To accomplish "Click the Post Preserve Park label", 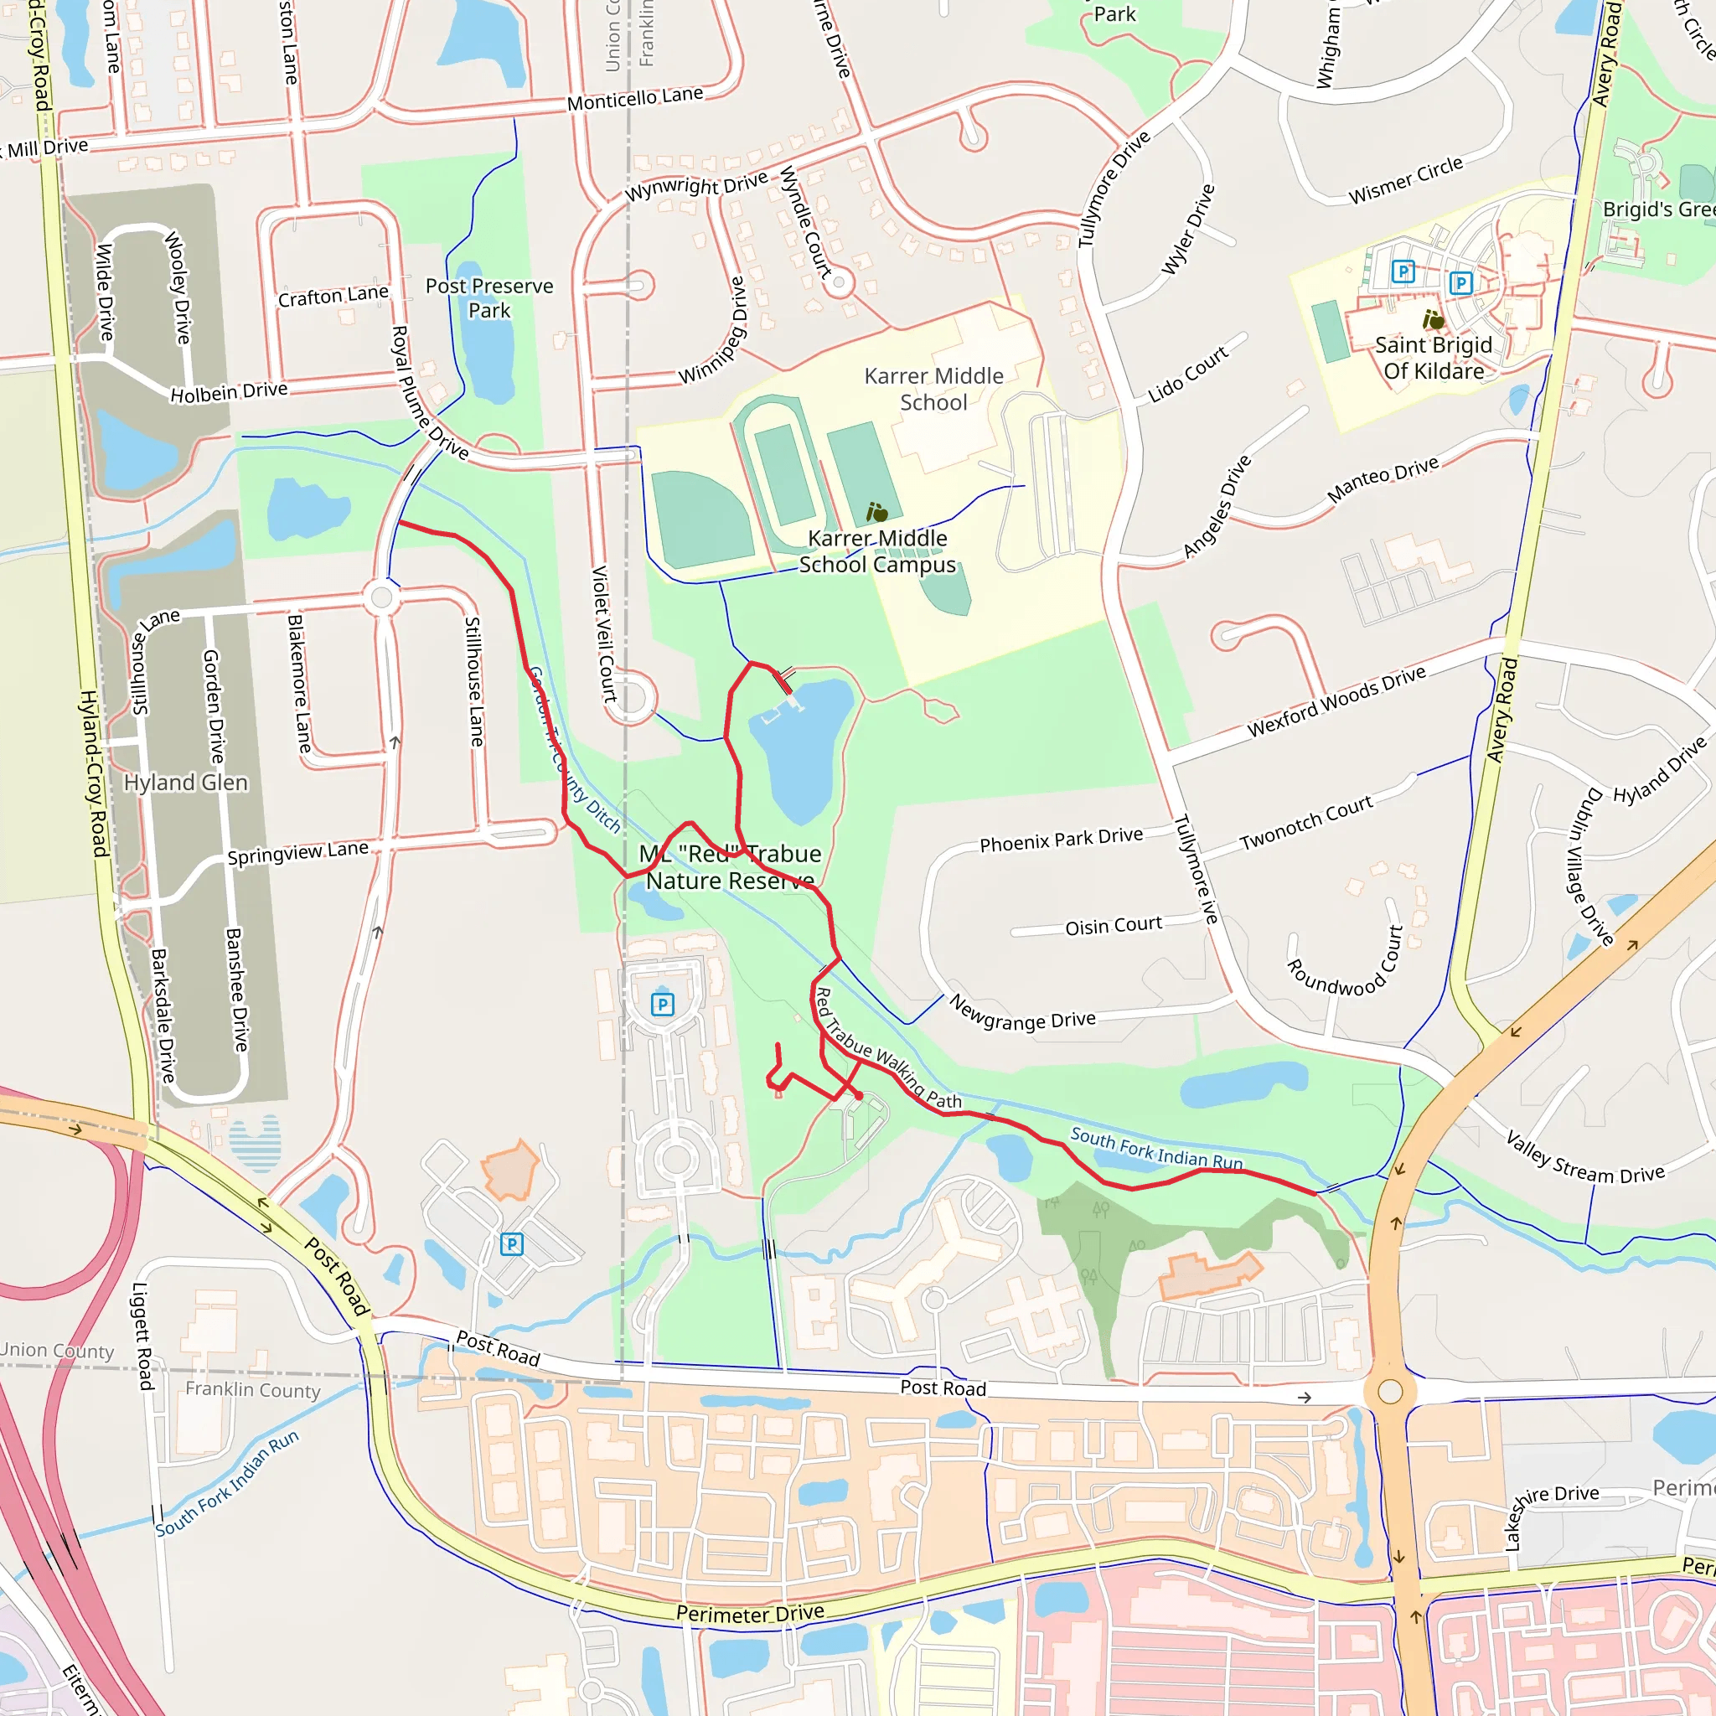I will coord(488,298).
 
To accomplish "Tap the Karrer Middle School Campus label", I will coord(876,551).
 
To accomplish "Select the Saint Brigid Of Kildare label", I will coord(1433,358).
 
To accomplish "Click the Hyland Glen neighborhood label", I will coord(186,783).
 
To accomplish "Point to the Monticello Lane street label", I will coord(635,99).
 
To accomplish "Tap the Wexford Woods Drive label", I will coord(1336,701).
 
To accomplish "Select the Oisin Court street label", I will coord(1113,926).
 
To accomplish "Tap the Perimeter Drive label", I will coord(750,1612).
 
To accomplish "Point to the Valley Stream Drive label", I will coord(1584,1158).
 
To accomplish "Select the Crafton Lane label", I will coord(333,296).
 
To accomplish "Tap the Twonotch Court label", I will coord(1305,823).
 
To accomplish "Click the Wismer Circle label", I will coord(1405,181).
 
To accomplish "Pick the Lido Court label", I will coord(1187,374).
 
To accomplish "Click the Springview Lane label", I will coord(297,853).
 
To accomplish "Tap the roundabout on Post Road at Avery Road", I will coord(1390,1392).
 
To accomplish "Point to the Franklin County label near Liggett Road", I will coord(252,1390).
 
